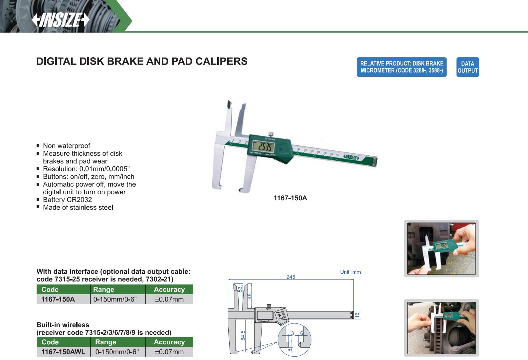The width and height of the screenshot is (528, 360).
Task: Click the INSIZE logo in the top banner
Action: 61,20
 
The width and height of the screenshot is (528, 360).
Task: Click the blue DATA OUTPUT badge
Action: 467,67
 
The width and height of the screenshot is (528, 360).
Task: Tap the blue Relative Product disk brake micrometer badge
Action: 402,67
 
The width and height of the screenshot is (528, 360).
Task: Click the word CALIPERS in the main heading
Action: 221,61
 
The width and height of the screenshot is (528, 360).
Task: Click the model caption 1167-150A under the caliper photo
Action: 290,198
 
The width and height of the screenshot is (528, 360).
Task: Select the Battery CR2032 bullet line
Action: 67,200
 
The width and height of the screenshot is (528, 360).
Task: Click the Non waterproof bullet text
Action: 67,146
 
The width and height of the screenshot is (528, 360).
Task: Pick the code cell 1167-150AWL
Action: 64,352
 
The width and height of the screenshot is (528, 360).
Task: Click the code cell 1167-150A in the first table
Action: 58,299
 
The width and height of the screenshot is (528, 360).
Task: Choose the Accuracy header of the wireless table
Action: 169,342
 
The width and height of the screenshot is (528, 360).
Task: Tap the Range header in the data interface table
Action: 104,289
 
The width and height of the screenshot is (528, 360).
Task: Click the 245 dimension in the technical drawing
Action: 291,277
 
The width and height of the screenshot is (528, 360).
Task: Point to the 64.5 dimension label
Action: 243,335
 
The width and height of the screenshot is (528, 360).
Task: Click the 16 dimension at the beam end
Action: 357,315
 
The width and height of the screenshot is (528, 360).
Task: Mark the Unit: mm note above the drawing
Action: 350,272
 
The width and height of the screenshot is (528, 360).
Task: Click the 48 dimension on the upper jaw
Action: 250,296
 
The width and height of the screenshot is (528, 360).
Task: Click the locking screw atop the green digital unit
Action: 271,134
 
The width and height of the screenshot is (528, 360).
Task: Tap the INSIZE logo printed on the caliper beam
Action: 351,157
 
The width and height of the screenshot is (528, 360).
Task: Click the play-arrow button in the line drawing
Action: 280,315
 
